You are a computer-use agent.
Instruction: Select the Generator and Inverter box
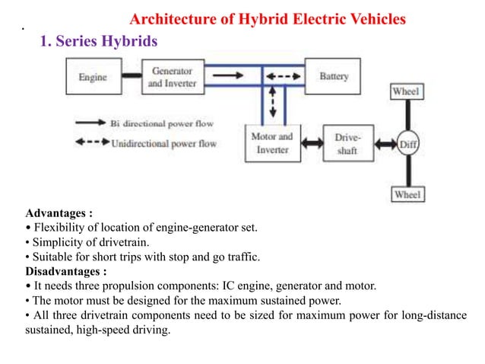[171, 77]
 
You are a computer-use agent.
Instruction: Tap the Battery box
[333, 77]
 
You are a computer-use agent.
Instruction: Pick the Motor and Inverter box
[271, 143]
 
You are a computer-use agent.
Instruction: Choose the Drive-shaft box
[347, 143]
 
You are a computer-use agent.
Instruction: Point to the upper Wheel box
[407, 92]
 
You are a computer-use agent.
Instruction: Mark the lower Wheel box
[407, 195]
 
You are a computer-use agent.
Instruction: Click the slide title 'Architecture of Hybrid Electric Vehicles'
[268, 18]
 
